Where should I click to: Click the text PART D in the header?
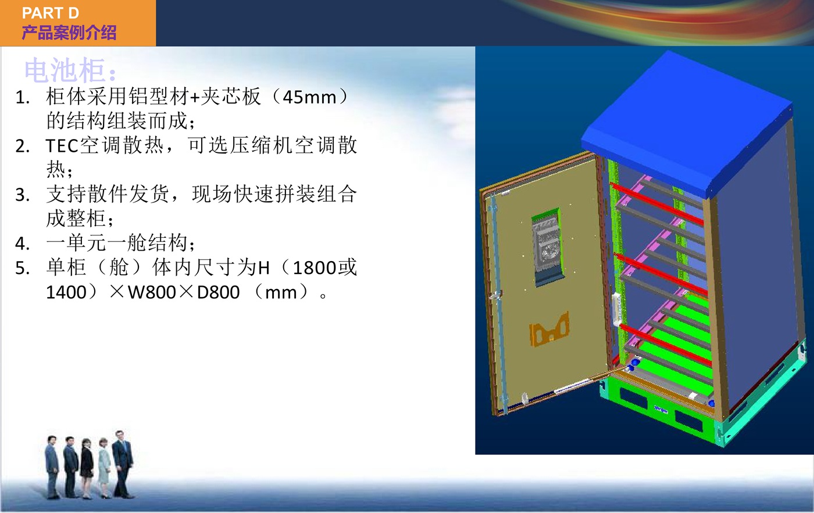click(x=51, y=13)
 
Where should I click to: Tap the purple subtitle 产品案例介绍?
click(x=69, y=33)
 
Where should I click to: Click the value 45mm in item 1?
click(x=309, y=98)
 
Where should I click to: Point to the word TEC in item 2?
click(x=62, y=146)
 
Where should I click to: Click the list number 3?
click(x=22, y=195)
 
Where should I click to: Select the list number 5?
click(x=22, y=268)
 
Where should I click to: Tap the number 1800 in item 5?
click(x=315, y=268)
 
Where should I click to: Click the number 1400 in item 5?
click(x=66, y=293)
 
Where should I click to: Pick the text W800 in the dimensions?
click(x=152, y=293)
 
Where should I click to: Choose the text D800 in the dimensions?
click(x=218, y=293)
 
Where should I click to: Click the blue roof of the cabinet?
click(x=687, y=124)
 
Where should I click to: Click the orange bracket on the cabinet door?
click(x=549, y=329)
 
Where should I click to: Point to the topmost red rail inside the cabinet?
click(x=657, y=204)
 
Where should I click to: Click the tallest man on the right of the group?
click(x=123, y=464)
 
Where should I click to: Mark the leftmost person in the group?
click(x=52, y=467)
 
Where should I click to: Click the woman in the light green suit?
click(x=104, y=468)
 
